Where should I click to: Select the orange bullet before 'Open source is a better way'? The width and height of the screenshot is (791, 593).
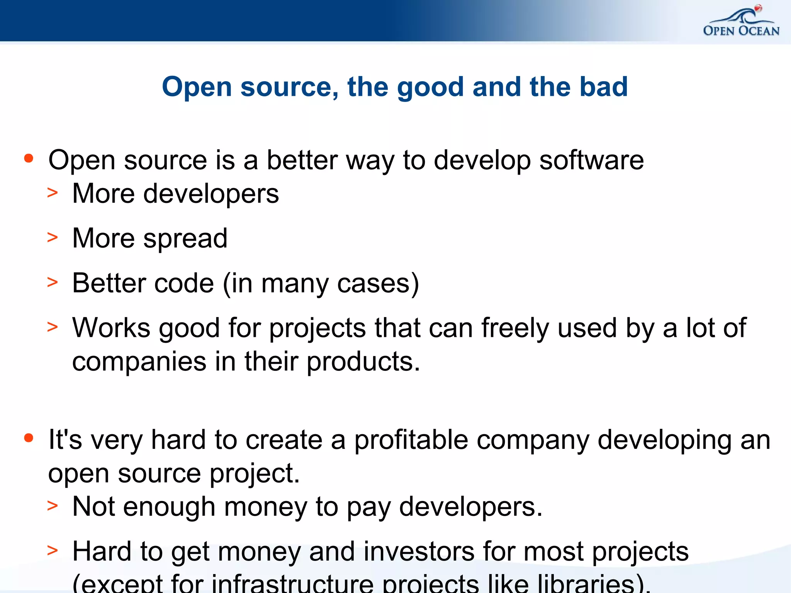[x=29, y=158]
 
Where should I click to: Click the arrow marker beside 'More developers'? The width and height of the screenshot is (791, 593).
[x=53, y=192]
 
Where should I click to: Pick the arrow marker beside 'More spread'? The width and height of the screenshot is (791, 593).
[x=53, y=237]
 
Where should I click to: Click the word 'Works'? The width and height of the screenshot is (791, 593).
[x=111, y=328]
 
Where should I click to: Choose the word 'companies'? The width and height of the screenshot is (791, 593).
[x=139, y=363]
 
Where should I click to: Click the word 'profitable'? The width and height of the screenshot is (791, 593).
[x=411, y=440]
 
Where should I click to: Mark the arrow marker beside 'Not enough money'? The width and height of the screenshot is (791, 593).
[x=53, y=505]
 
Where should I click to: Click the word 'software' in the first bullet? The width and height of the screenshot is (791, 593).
[x=591, y=160]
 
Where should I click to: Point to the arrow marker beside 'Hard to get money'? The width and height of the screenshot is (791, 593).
[x=53, y=550]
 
